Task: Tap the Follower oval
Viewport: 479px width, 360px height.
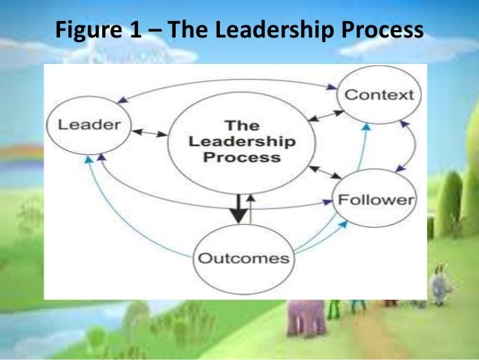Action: click(x=375, y=200)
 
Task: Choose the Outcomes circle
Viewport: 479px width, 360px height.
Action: click(x=242, y=258)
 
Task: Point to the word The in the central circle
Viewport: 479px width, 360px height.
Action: click(x=242, y=124)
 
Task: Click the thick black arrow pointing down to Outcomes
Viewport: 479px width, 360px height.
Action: click(x=238, y=207)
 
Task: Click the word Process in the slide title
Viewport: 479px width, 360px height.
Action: click(x=381, y=32)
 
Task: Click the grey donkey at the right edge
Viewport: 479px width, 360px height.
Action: click(x=439, y=286)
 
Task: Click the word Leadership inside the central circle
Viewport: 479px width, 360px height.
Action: click(x=242, y=141)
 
